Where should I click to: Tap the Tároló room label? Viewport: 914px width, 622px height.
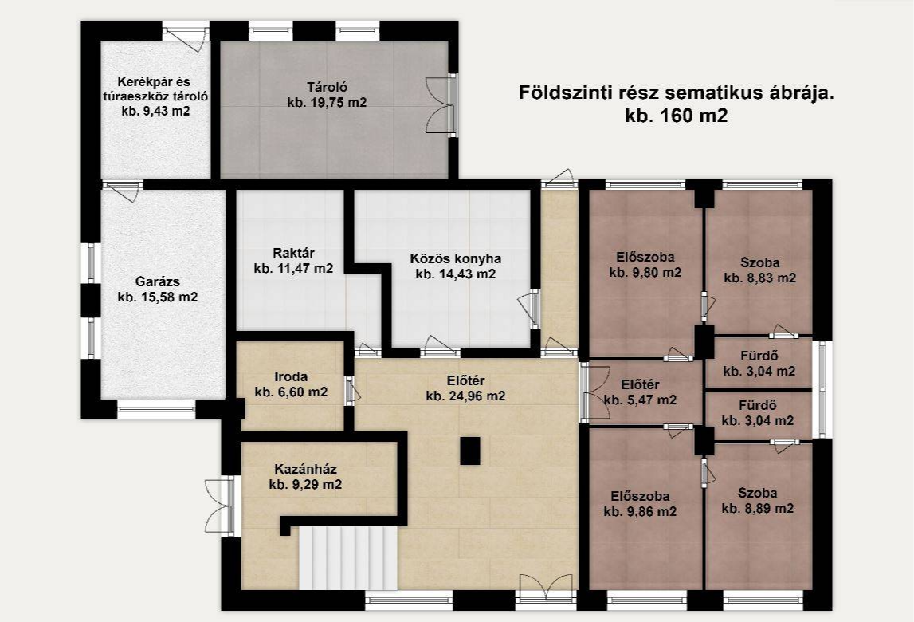coord(328,88)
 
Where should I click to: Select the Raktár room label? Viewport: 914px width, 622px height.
coord(294,254)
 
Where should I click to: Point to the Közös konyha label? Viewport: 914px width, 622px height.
coord(456,258)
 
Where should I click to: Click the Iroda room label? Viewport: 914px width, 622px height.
coord(291,377)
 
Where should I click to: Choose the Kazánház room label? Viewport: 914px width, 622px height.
coord(305,469)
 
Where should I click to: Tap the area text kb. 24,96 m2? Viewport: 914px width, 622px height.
coord(465,396)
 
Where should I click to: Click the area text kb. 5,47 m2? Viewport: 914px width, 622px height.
coord(641,400)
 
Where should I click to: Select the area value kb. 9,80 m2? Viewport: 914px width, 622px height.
coord(645,273)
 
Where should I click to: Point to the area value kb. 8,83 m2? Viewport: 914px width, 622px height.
coord(760,278)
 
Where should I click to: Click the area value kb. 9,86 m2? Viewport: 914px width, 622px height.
coord(641,512)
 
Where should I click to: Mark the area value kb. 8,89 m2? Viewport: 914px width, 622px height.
coord(758,509)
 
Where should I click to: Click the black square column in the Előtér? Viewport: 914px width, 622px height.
coord(470,451)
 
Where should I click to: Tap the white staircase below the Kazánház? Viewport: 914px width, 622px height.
coord(348,558)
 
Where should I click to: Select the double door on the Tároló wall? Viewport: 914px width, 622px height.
coord(441,105)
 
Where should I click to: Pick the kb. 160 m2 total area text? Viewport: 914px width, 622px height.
coord(677,116)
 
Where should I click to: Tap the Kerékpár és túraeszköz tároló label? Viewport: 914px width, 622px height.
coord(155,96)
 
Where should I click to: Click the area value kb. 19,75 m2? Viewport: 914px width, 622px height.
coord(328,103)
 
